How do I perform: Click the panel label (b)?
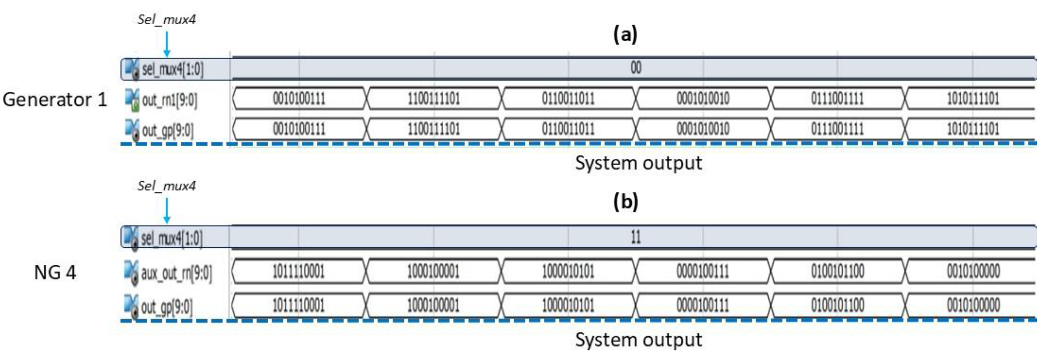point(625,201)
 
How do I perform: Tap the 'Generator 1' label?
point(55,100)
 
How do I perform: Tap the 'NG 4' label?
point(55,273)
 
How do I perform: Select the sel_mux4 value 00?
point(636,68)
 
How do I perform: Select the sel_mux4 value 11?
point(636,237)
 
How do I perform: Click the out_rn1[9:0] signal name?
point(169,100)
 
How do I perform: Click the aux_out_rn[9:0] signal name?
point(176,273)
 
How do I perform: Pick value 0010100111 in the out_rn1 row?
point(299,99)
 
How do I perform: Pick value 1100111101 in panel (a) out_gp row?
point(434,129)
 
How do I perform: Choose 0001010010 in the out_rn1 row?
point(703,99)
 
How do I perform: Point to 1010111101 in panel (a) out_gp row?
point(973,129)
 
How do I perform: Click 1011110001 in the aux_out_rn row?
point(298,271)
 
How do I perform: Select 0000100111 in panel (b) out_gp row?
point(703,305)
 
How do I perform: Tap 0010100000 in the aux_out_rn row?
point(973,271)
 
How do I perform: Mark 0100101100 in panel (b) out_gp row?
point(837,305)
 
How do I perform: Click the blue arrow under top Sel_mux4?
point(166,44)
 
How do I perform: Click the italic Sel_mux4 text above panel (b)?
point(166,186)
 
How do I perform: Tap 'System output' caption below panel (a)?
point(638,163)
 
